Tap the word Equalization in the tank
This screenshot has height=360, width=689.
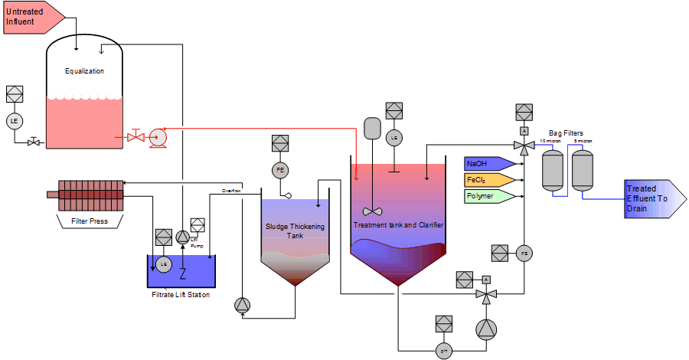(84, 71)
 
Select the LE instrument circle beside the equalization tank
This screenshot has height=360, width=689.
(14, 120)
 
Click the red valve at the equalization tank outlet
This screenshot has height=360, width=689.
(136, 137)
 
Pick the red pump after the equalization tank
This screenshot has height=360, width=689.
(158, 137)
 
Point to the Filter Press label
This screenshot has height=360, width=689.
(90, 221)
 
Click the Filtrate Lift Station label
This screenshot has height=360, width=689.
(181, 294)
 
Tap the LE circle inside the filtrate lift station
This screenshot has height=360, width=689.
(163, 263)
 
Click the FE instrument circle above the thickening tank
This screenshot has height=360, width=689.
(280, 169)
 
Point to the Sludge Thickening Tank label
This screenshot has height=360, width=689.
(295, 231)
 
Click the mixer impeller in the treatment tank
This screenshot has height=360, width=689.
(373, 211)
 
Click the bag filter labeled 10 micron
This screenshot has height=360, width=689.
(553, 169)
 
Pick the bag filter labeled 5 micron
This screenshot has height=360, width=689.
(583, 169)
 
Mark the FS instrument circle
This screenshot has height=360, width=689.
(524, 253)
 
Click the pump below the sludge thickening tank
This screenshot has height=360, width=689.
(243, 305)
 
